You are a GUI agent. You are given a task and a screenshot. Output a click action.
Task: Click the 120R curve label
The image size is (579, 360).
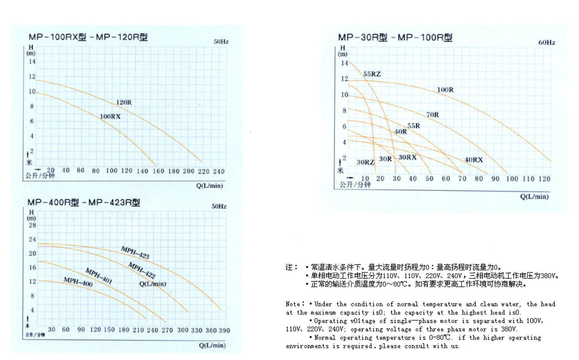coord(124,102)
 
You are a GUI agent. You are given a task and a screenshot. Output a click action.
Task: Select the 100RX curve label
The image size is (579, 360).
coord(110,116)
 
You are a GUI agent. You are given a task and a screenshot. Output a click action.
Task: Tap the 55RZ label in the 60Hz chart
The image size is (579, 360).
coord(372,74)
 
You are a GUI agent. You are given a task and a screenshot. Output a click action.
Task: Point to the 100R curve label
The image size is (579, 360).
coord(445,90)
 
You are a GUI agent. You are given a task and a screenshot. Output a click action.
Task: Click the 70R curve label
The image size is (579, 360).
coord(432,115)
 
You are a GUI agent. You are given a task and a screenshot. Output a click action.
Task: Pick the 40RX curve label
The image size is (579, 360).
coord(474,160)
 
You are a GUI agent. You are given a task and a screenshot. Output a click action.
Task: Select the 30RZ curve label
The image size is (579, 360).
coord(365,162)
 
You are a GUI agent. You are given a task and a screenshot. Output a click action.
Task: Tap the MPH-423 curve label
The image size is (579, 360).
coord(135,252)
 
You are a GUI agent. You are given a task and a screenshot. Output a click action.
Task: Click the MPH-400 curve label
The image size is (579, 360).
coord(78,282)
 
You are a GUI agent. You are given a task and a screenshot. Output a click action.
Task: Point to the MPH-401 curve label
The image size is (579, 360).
coord(99,276)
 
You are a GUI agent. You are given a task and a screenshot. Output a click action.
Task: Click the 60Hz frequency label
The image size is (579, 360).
coord(546,42)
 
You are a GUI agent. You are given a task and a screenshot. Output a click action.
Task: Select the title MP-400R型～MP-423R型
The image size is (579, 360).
coord(84,202)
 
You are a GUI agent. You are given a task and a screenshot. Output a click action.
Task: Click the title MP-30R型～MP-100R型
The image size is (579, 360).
coord(395,38)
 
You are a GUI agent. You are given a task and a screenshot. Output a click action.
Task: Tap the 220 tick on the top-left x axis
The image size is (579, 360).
coord(203,171)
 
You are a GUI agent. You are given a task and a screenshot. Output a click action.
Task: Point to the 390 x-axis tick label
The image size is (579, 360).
coord(224,330)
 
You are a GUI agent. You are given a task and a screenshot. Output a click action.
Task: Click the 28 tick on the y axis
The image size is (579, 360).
coord(32,225)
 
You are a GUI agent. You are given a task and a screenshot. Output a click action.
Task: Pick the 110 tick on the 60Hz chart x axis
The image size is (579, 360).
coord(528,179)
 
